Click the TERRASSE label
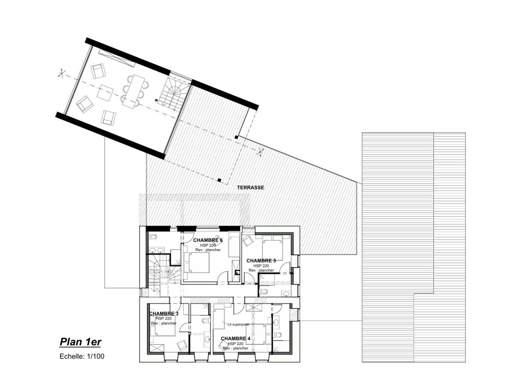[x=250, y=187]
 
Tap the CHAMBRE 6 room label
[x=208, y=240]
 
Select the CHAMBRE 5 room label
[x=261, y=261]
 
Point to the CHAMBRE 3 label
[x=164, y=313]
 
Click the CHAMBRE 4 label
[x=235, y=339]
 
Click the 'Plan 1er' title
[x=80, y=342]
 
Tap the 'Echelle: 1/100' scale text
[x=82, y=356]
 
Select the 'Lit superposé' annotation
[x=238, y=325]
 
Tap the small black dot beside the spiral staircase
[x=156, y=100]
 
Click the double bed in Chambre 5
[x=272, y=248]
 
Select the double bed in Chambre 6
[x=197, y=262]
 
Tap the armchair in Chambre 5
[x=247, y=241]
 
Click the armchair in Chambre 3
[x=182, y=345]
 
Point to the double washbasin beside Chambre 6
[x=156, y=250]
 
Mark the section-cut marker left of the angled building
[x=61, y=73]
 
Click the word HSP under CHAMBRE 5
[x=257, y=266]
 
